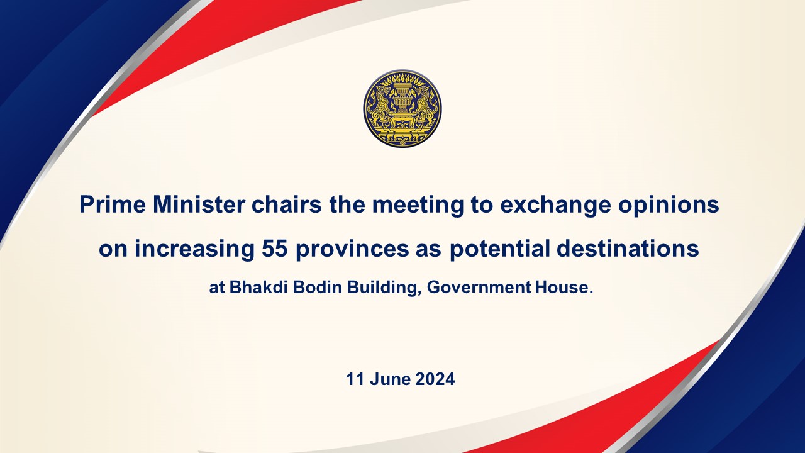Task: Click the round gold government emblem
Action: click(402, 108)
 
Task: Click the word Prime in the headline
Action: click(113, 204)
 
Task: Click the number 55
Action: click(275, 249)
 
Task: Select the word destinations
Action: click(628, 249)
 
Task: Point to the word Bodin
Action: click(318, 288)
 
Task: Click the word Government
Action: click(479, 288)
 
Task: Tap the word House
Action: click(564, 288)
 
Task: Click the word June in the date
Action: click(391, 379)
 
